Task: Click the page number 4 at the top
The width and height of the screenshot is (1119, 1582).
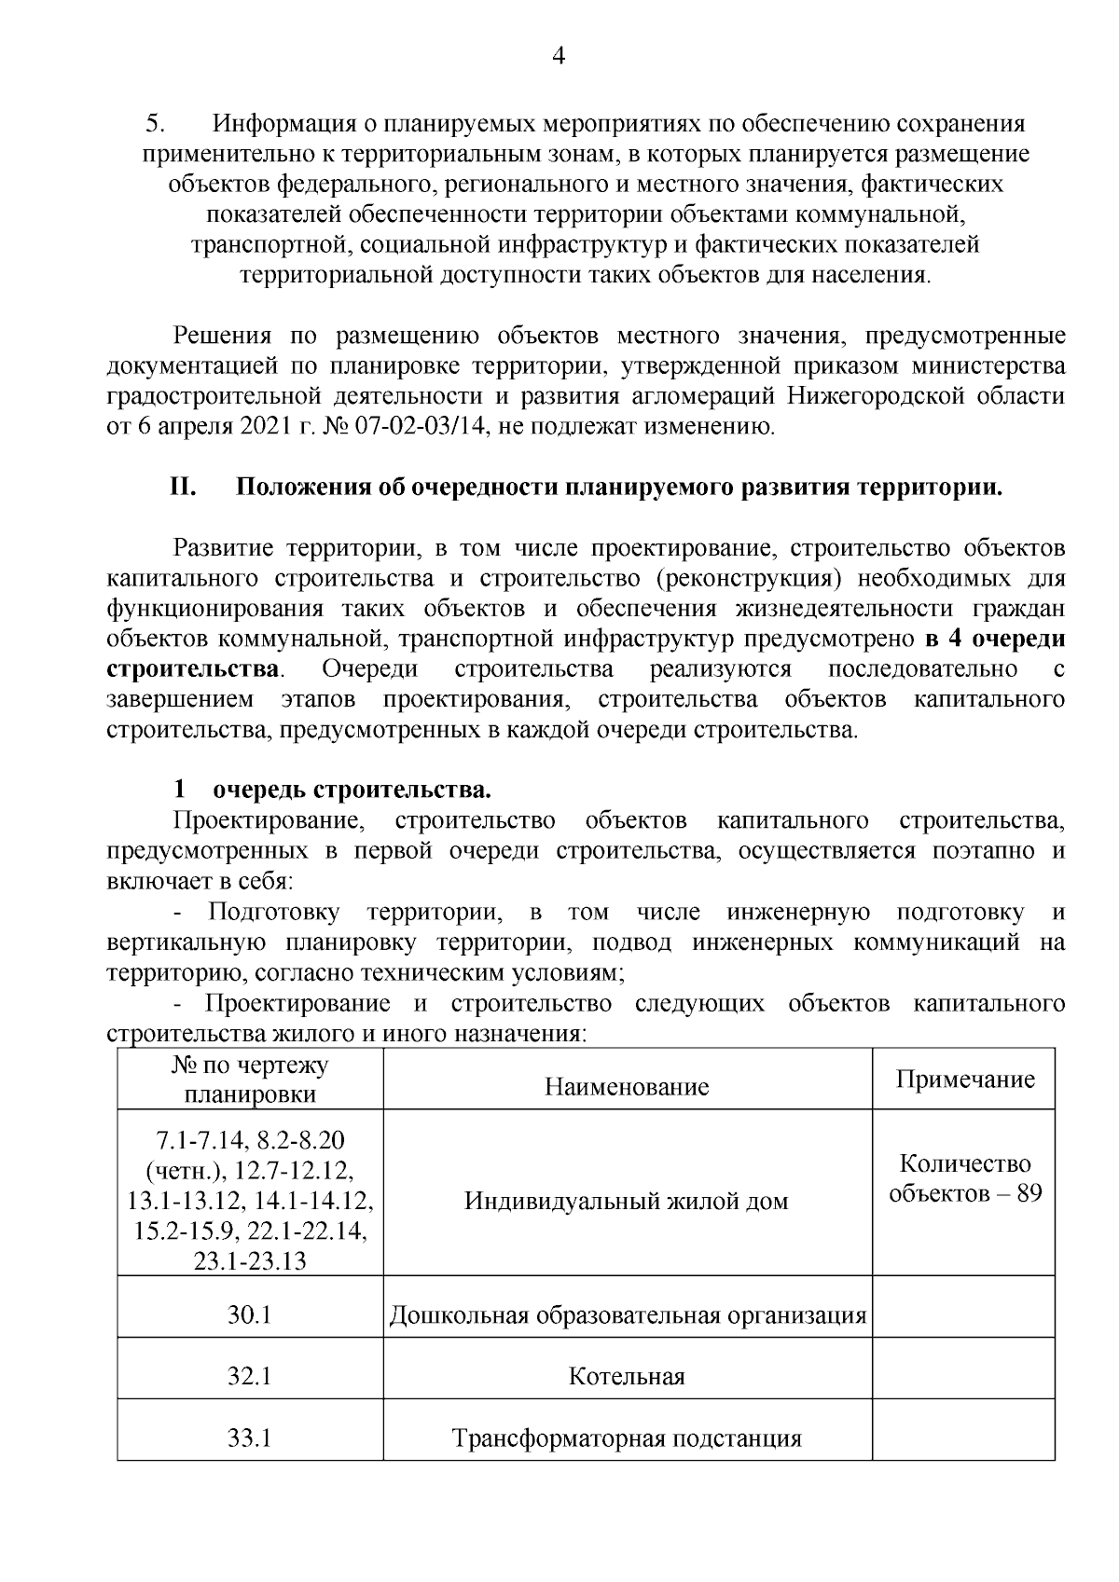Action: (559, 58)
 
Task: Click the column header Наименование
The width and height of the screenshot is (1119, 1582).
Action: (627, 1086)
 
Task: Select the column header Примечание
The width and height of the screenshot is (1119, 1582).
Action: (964, 1080)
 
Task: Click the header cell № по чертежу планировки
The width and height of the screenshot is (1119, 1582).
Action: (250, 1080)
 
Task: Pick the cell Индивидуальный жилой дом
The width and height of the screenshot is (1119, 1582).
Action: (627, 1201)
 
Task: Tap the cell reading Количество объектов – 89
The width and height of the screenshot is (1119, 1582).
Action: (964, 1178)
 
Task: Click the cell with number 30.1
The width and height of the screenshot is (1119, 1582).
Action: (249, 1315)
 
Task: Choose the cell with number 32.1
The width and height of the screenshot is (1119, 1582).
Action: (249, 1376)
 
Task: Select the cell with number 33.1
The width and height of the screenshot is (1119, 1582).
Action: (249, 1438)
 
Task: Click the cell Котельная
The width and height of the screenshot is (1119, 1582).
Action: (627, 1377)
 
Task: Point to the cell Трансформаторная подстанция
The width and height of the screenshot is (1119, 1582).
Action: (627, 1438)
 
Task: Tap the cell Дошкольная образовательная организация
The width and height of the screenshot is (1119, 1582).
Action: (627, 1315)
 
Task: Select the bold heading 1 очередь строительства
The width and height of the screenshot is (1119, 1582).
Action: (333, 791)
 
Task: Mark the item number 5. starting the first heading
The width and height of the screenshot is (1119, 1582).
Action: (155, 124)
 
